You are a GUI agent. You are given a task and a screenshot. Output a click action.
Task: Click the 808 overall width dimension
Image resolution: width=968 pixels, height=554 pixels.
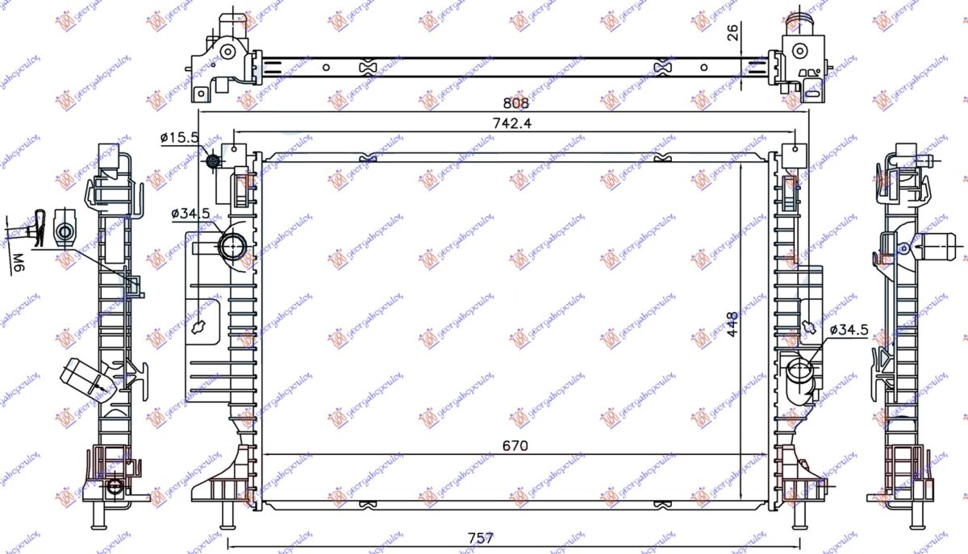516,103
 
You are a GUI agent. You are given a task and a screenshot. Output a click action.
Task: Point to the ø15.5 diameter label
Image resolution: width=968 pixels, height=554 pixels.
179,139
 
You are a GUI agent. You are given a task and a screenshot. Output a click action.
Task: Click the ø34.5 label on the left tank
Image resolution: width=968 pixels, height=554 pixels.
190,215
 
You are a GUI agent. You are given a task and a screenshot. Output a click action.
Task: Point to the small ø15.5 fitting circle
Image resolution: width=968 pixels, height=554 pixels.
214,161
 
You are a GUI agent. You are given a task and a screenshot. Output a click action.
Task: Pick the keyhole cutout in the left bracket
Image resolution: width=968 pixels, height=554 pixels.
199,328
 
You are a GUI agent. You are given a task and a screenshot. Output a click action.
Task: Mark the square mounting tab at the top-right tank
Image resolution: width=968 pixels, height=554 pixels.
794,151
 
